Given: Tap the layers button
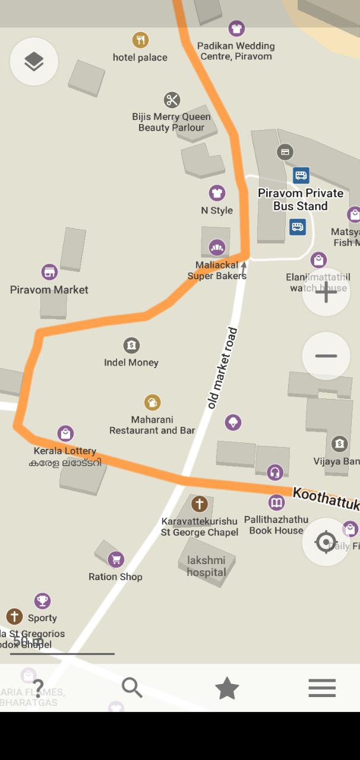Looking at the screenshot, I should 34,61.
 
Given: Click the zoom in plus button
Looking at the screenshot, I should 326,292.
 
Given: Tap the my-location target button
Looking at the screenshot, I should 326,542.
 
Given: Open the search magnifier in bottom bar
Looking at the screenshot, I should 132,688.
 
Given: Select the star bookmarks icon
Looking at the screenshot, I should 227,688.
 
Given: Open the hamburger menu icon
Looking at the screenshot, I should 322,688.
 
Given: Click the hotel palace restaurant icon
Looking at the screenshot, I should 140,40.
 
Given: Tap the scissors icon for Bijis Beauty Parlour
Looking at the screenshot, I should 172,100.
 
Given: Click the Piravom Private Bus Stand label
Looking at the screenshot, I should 301,199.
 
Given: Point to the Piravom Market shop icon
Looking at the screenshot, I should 49,273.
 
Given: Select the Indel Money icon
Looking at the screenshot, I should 131,345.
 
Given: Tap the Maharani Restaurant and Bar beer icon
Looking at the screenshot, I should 153,403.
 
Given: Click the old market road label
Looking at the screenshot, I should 223,368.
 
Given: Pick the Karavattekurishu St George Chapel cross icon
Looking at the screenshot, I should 199,504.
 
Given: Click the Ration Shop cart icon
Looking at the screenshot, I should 116,559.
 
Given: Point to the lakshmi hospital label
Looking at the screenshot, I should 207,566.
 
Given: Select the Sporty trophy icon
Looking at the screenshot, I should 42,601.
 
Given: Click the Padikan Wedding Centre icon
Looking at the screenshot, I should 236,28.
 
